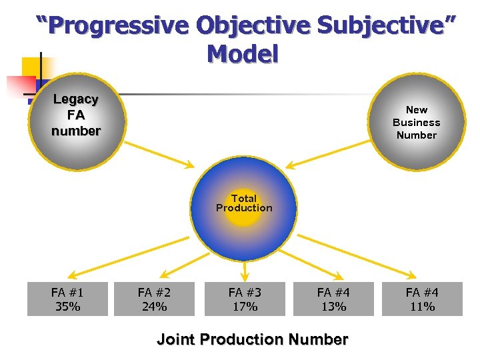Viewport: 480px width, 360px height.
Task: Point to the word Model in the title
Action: pos(242,54)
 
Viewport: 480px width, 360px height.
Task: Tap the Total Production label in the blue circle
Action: pos(244,203)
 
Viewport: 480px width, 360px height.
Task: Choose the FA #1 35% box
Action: pos(67,299)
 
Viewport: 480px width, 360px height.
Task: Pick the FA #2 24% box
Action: pos(154,299)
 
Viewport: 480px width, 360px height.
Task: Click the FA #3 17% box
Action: pos(245,299)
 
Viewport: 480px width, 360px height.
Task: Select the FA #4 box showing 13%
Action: pos(333,299)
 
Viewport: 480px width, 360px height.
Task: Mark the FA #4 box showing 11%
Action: pos(422,299)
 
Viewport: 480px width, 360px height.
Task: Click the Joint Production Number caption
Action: pos(252,339)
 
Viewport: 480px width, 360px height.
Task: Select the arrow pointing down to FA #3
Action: pos(245,269)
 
